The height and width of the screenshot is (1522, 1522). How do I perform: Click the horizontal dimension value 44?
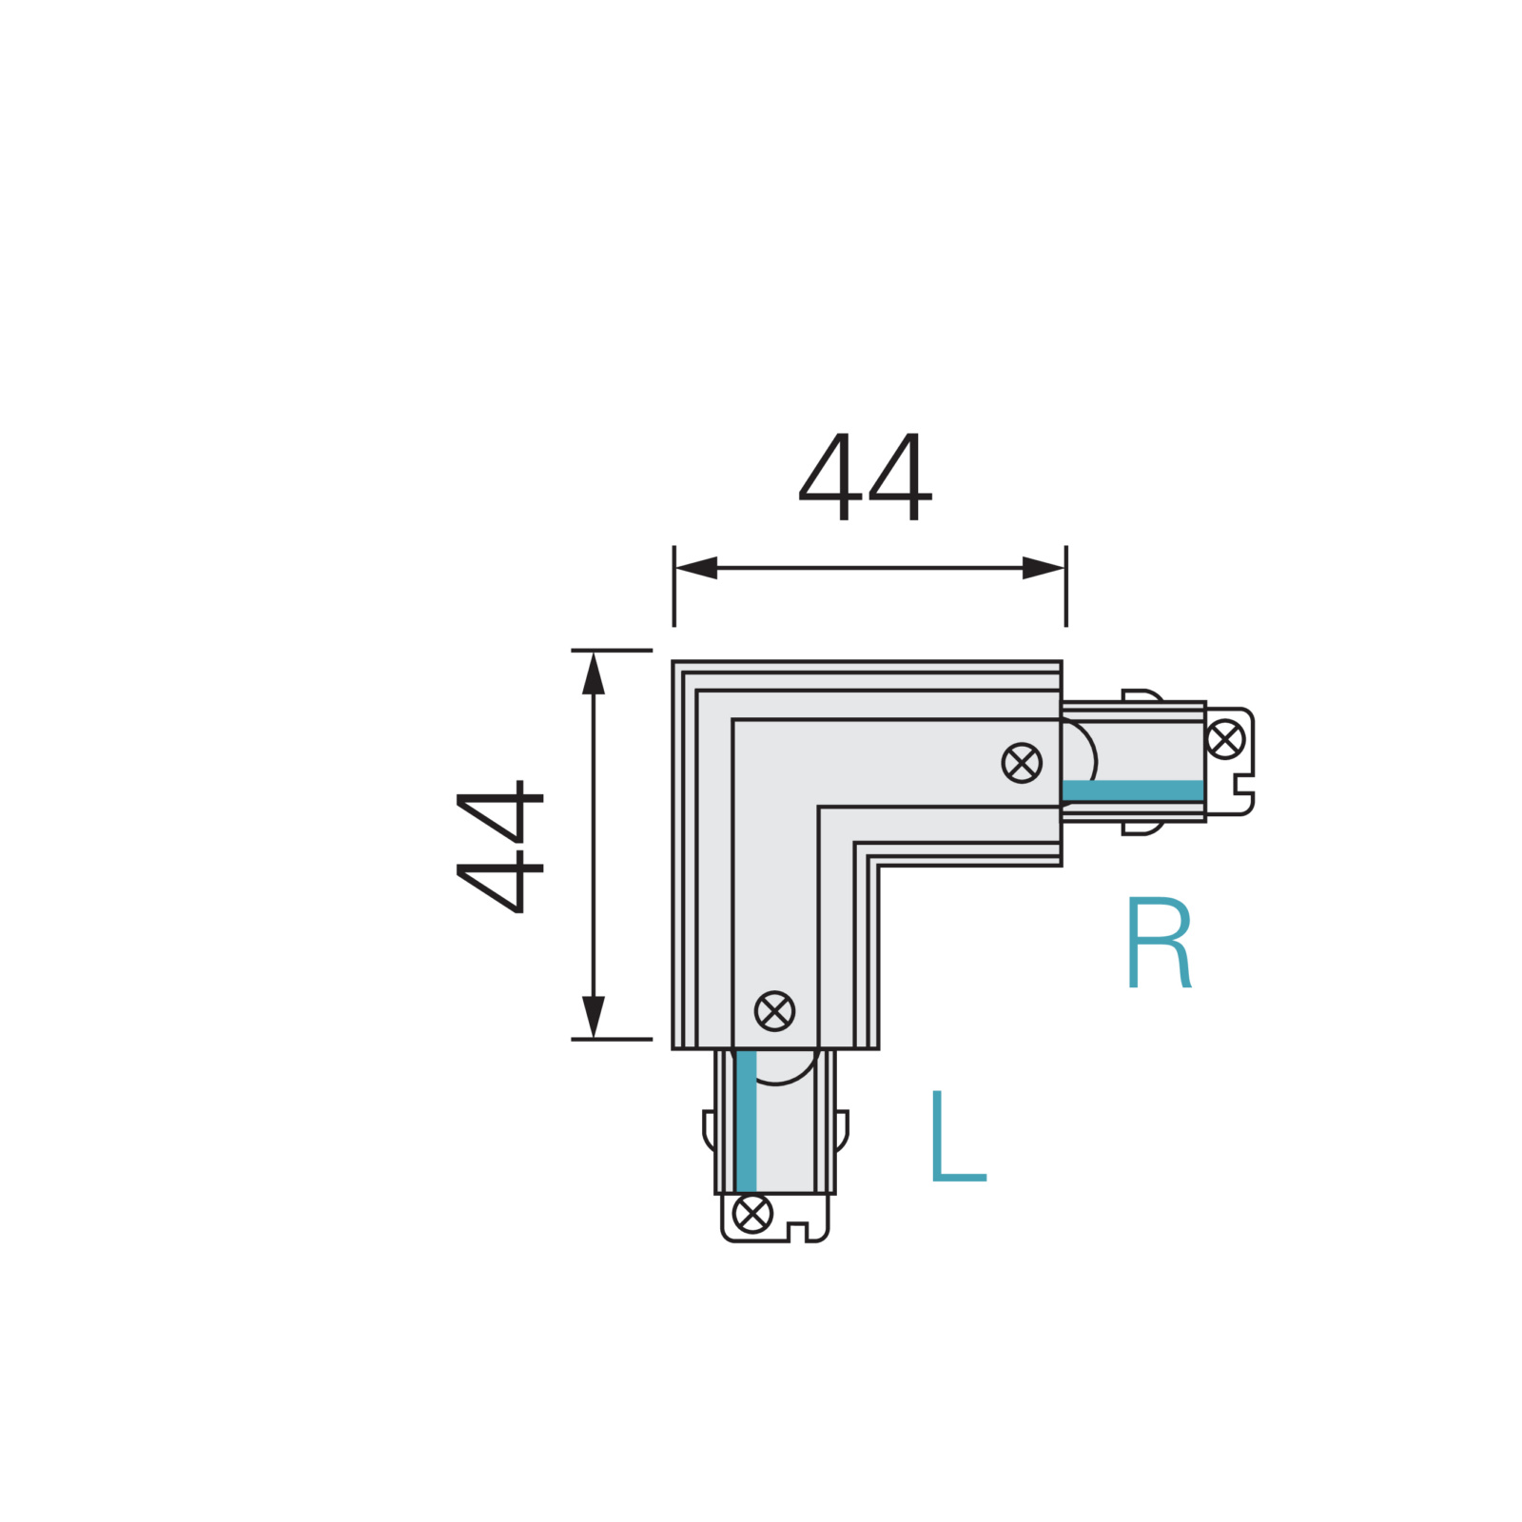866,477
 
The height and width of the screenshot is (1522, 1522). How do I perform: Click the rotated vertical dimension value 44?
500,847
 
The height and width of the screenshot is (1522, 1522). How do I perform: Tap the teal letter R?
1159,943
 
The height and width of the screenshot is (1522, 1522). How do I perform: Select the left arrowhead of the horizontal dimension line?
695,568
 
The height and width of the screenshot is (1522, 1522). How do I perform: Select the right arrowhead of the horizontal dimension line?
1044,568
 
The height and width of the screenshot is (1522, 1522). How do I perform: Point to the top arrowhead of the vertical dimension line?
594,673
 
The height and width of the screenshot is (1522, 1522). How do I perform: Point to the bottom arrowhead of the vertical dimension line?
594,1017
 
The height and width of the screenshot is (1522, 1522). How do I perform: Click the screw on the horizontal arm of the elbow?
1022,763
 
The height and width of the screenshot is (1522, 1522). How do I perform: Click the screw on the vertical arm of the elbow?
774,1011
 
